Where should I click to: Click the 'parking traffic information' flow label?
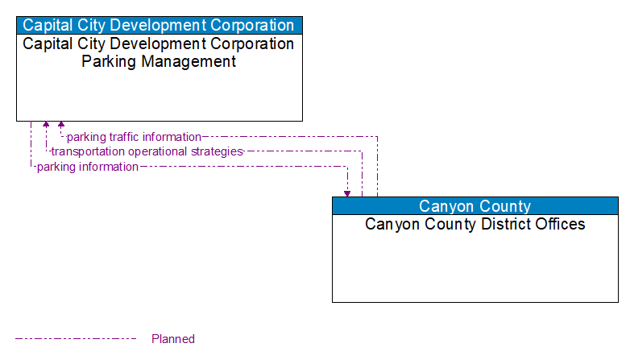point(134,137)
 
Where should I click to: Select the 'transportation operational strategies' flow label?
point(147,151)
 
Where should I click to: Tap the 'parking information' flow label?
point(88,167)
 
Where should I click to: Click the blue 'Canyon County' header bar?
point(475,206)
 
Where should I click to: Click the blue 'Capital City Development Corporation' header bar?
point(160,25)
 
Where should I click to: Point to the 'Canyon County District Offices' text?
point(475,224)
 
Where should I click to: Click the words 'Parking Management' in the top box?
point(160,61)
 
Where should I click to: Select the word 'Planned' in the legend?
point(173,339)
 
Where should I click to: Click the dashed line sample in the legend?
point(76,339)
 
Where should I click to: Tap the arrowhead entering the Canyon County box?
point(347,193)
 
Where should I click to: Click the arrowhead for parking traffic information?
point(61,125)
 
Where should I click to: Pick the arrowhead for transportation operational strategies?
point(46,125)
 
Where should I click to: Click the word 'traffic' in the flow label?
point(124,137)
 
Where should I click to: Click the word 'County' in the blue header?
point(505,206)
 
